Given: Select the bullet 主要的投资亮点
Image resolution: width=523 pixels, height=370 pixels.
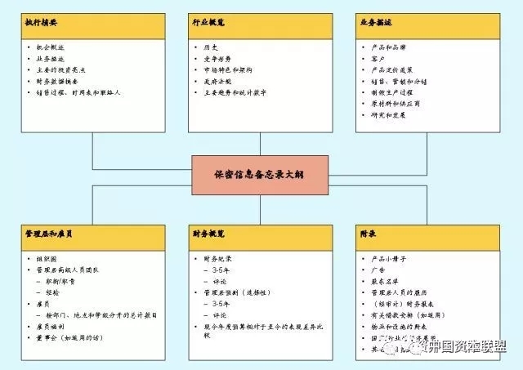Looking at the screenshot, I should point(68,70).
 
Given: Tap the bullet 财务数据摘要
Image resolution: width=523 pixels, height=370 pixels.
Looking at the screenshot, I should point(65,82).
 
